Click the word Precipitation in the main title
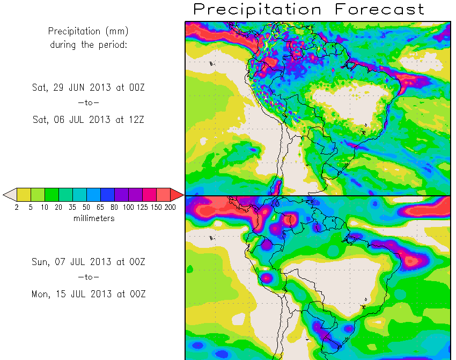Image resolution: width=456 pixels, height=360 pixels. [x=258, y=9]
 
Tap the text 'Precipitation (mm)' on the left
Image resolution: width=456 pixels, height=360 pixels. [x=89, y=31]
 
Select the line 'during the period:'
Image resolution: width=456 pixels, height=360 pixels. [x=89, y=45]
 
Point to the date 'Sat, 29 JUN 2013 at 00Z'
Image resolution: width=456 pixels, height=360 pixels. [x=89, y=88]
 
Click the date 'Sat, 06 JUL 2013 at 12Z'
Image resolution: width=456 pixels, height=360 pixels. [x=89, y=120]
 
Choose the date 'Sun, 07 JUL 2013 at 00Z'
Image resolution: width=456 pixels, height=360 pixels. [x=89, y=262]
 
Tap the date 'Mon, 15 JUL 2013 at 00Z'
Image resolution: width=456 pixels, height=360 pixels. [x=89, y=293]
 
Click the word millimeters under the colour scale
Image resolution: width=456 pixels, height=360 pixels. [x=94, y=218]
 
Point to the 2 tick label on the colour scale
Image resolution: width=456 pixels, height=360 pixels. [x=17, y=207]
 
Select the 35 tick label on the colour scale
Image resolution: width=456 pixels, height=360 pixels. [x=72, y=207]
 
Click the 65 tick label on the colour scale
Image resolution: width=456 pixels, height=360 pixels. [x=100, y=207]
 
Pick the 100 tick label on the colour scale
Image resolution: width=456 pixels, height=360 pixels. [x=128, y=207]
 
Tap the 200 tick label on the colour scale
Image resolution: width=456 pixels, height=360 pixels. [x=170, y=207]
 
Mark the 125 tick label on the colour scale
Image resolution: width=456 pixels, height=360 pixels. [x=142, y=207]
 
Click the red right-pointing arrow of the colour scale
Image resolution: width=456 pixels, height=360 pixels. [x=177, y=194]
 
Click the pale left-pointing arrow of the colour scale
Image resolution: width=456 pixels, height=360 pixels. [x=10, y=194]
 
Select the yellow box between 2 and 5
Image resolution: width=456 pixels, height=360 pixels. [x=24, y=194]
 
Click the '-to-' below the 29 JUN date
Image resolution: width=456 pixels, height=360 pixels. [x=89, y=104]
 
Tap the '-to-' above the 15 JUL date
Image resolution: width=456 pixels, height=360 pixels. [x=89, y=277]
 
